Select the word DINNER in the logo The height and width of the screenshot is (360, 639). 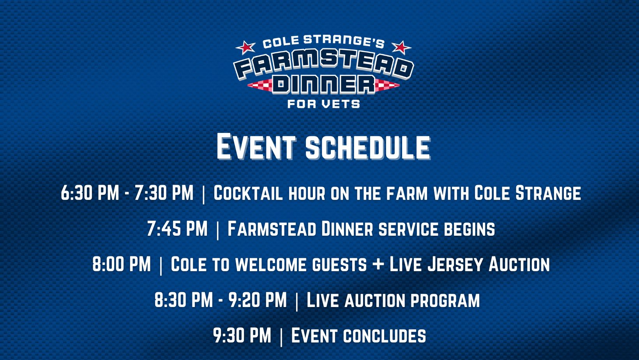(323, 85)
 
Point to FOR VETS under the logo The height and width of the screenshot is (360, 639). (323, 104)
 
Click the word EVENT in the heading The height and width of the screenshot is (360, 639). (256, 147)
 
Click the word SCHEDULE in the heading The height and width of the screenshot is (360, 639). (368, 147)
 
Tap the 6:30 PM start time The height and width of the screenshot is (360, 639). (90, 193)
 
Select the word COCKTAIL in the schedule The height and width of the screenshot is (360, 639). (248, 193)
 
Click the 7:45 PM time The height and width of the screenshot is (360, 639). (177, 228)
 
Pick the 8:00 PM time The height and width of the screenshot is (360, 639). (122, 264)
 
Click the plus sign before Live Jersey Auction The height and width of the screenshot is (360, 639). (378, 264)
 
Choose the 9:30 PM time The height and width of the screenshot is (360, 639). (242, 335)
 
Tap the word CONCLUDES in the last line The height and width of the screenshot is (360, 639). (385, 335)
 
